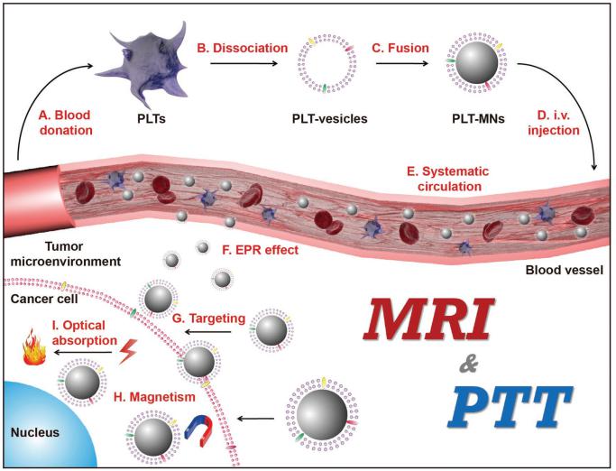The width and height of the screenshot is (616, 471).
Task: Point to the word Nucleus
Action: [x=34, y=432]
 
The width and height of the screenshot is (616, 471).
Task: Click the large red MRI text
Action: [x=433, y=321]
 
